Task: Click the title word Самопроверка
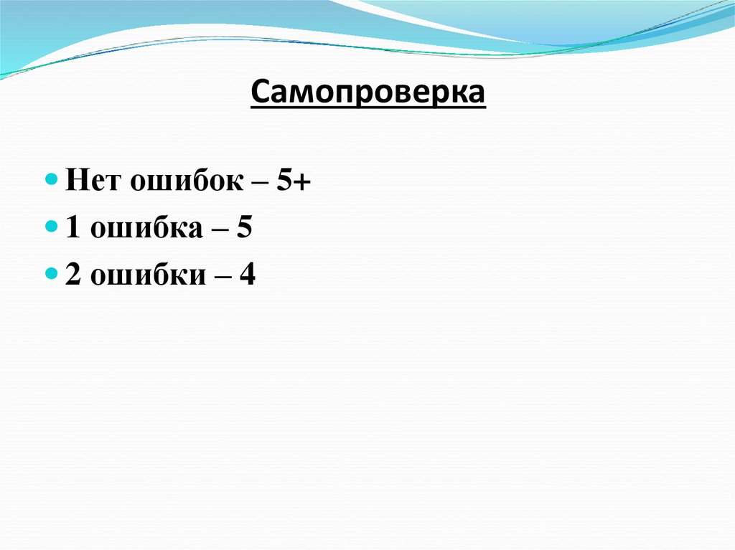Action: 367,93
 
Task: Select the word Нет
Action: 93,181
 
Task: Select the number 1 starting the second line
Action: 72,228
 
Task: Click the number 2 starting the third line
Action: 72,275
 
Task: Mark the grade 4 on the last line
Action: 248,275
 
